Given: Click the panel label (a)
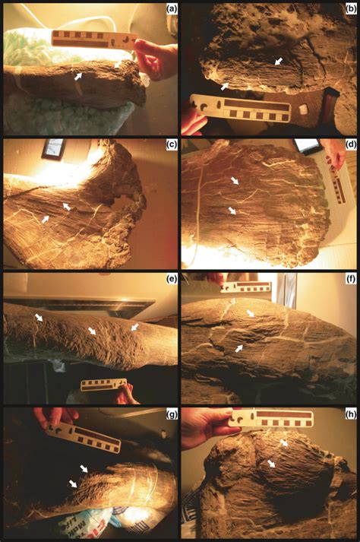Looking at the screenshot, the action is pos(172,9).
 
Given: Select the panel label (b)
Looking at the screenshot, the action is pos(351,9).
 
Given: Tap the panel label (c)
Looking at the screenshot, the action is pos(172,145).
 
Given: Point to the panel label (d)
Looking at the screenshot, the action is pos(351,145).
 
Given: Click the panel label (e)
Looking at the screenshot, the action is pos(172,280).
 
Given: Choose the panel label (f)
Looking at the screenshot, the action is pos(351,280).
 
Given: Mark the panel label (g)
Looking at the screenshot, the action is pos(172,415).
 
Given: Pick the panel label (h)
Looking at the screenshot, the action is pos(351,415).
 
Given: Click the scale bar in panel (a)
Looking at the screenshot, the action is pos(95,40).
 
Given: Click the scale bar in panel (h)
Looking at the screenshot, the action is pos(271,419).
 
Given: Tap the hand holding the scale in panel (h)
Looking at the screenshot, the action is pos(208,426).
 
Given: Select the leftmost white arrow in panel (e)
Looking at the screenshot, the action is pos(38,317).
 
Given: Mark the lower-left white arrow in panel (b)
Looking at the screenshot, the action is pos(225,86).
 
